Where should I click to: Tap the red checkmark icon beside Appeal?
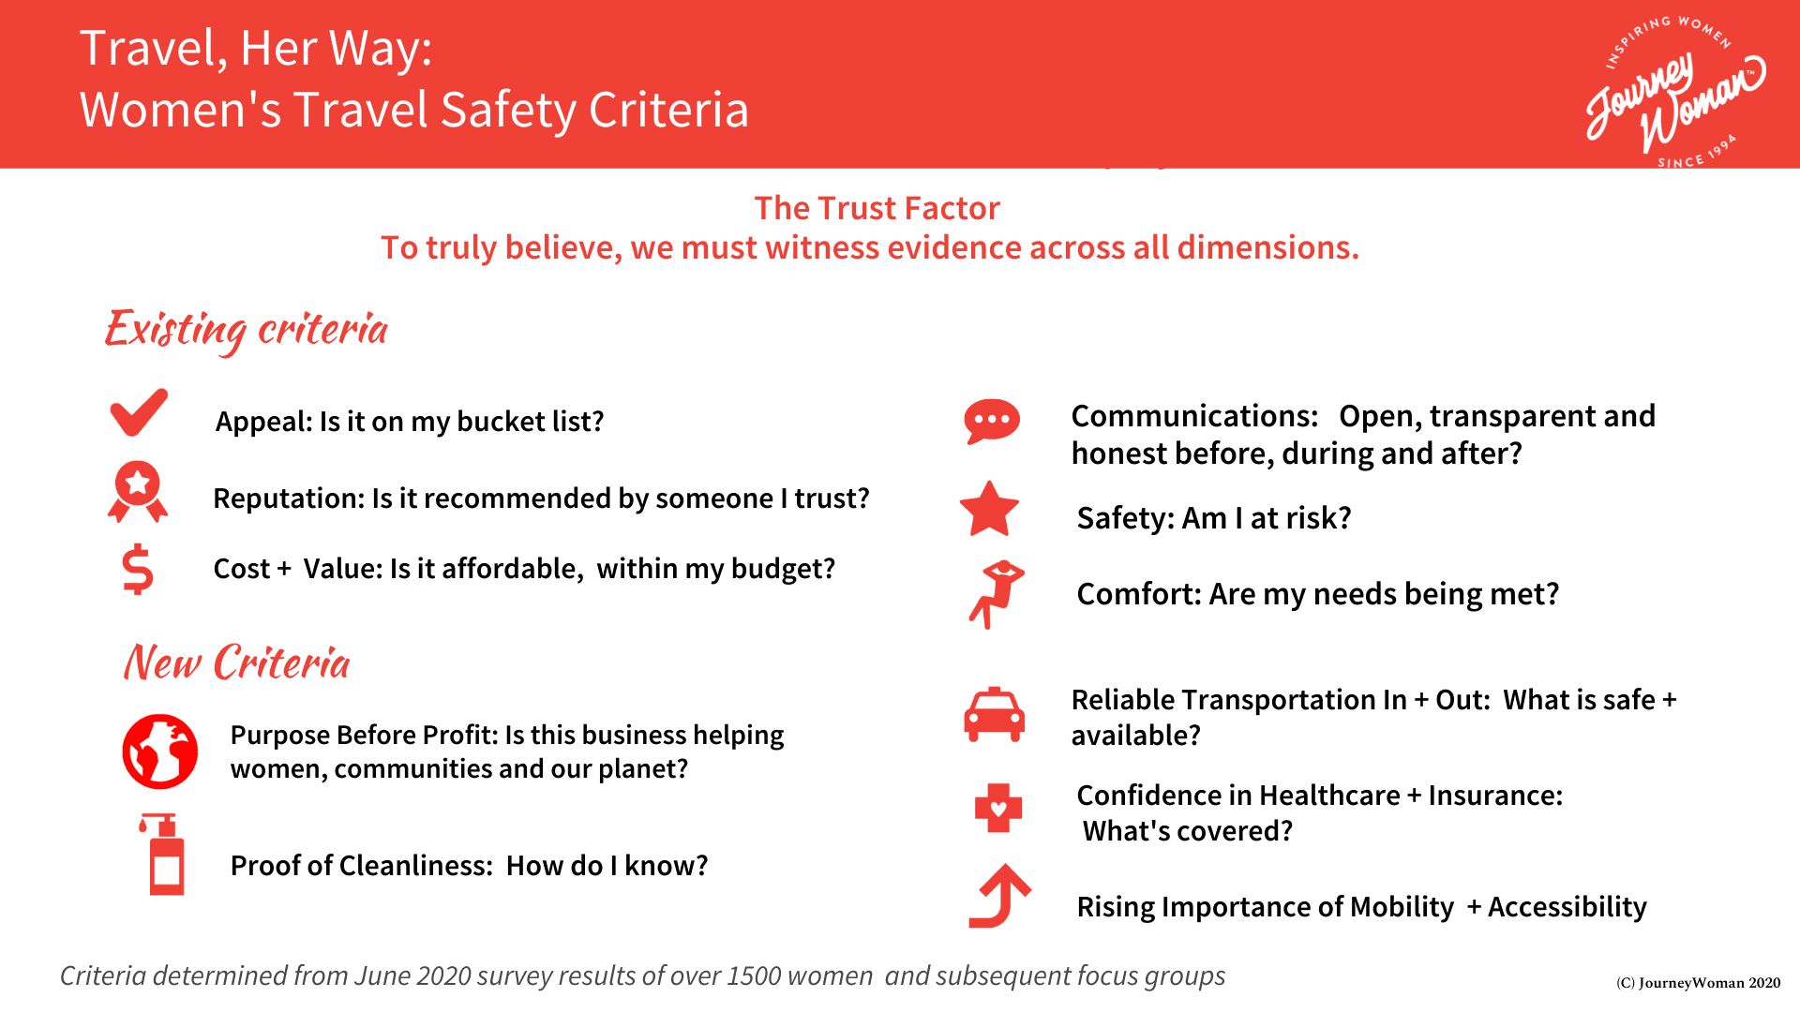(139, 412)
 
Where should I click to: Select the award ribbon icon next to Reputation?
(138, 491)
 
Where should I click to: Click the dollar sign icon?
(138, 570)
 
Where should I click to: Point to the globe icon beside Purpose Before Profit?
(160, 752)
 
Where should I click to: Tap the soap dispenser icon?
(164, 855)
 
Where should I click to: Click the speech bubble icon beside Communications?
(992, 422)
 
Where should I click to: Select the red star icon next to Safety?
(989, 510)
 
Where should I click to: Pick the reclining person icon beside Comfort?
(997, 594)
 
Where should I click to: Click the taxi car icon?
(995, 715)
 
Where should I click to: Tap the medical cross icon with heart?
(998, 808)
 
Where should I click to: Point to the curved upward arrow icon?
(999, 896)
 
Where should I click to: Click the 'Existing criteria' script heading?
(247, 330)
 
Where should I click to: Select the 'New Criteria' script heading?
(237, 662)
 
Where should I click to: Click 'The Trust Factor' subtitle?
(877, 208)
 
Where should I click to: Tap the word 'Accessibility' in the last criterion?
(1567, 907)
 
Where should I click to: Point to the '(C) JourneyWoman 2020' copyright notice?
(1698, 983)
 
